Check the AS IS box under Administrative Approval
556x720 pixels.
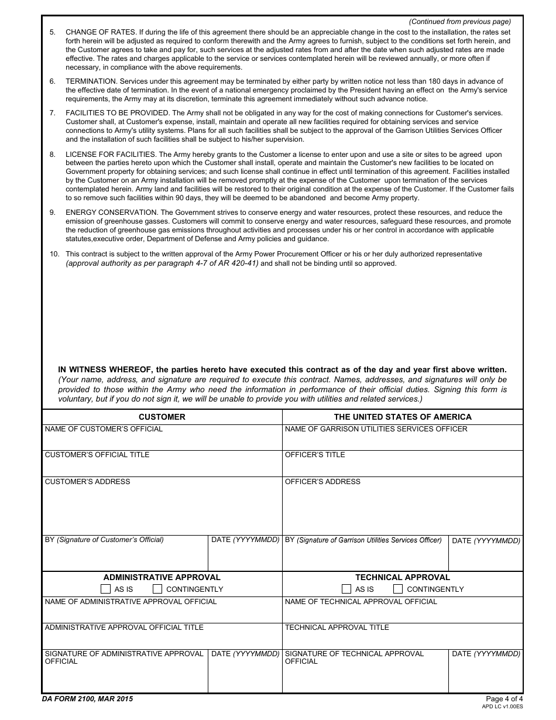(105, 589)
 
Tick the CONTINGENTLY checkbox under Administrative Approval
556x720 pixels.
(157, 589)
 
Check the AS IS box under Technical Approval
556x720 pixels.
(346, 589)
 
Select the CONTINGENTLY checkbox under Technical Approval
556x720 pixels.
(398, 589)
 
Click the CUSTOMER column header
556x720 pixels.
(162, 417)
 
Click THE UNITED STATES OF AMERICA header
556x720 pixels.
(402, 417)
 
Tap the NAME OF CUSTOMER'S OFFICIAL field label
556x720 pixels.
(104, 429)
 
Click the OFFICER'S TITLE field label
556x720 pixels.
(315, 455)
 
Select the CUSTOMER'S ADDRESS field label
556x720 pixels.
(87, 482)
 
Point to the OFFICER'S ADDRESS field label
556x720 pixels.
(322, 482)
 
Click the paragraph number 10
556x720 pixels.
(54, 254)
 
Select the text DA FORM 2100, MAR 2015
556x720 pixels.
(87, 698)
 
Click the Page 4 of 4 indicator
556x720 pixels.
(504, 698)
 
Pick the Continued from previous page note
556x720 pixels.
(459, 22)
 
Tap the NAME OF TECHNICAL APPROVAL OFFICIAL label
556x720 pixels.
(361, 602)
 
